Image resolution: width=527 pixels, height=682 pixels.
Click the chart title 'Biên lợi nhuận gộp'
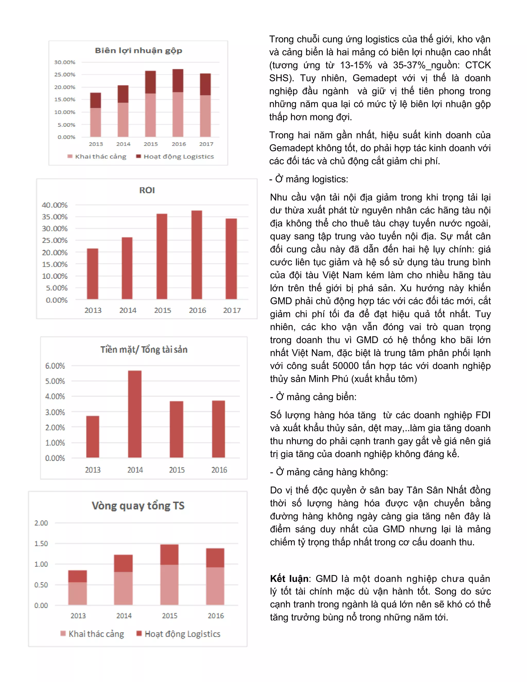[138, 51]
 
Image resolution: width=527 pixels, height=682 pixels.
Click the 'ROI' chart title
[147, 190]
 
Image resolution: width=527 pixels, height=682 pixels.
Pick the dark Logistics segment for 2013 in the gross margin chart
[95, 100]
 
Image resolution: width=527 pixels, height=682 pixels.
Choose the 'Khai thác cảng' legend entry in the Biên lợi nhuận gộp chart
[100, 156]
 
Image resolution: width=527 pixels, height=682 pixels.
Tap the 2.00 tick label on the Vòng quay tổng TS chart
[41, 523]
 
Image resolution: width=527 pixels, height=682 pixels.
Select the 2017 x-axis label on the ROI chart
[232, 310]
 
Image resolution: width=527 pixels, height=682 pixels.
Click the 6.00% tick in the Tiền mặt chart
[55, 366]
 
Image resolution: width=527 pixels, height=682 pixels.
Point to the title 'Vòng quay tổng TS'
[138, 505]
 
